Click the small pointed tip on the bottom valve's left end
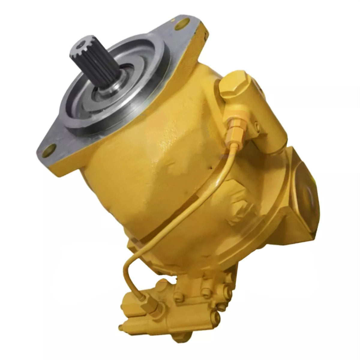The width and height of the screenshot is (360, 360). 121,326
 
